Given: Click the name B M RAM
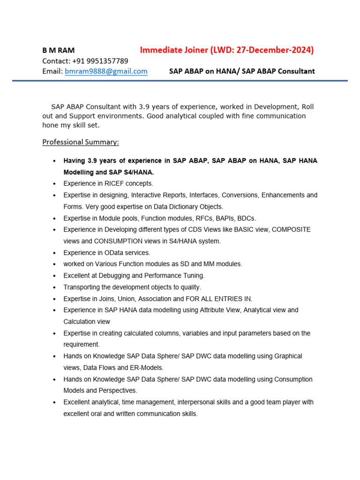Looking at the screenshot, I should click(58, 50).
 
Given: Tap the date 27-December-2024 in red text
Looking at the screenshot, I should click(277, 50).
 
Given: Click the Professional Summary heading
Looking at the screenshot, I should click(81, 142).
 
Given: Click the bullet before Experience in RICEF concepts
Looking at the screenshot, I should click(54, 184).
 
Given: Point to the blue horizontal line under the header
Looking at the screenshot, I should click(180, 81).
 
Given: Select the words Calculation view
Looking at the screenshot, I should click(87, 322).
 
